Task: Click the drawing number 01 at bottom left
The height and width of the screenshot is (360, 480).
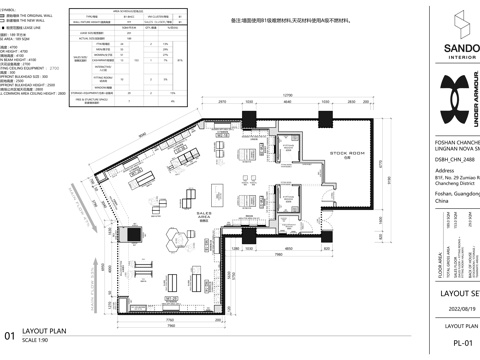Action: click(9, 336)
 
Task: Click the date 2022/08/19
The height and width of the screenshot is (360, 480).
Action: click(461, 307)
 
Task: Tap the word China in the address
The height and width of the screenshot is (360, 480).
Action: click(444, 201)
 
